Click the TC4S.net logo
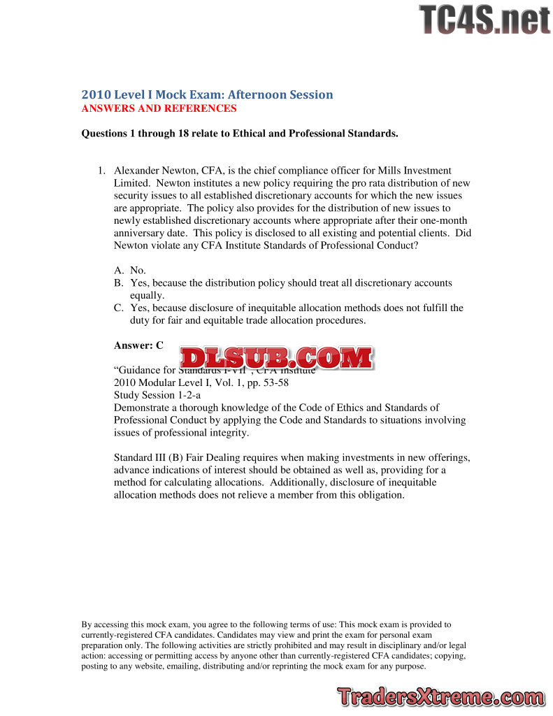click(484, 19)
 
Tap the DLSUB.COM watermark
click(276, 357)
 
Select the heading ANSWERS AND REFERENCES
click(159, 108)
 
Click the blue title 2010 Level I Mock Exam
click(207, 94)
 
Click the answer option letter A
click(118, 271)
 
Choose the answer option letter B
click(118, 283)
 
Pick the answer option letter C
click(118, 308)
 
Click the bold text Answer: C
click(138, 345)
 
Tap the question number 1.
click(101, 171)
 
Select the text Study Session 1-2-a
click(157, 395)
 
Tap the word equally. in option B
click(147, 296)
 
